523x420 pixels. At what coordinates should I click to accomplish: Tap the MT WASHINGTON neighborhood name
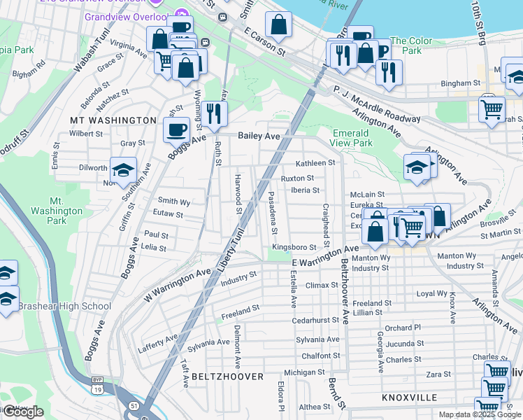tap(113, 120)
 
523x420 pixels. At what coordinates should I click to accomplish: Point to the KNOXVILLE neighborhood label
tap(410, 397)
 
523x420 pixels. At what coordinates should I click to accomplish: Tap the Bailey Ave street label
tap(259, 135)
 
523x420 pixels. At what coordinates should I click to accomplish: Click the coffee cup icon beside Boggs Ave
tap(176, 129)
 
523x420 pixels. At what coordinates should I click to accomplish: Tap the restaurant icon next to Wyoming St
tap(215, 113)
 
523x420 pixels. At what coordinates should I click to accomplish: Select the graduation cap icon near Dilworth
tap(123, 171)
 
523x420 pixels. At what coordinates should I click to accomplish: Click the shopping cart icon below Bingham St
tap(492, 109)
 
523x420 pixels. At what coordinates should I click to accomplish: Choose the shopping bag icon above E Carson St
tap(278, 24)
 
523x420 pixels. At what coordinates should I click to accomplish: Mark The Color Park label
tap(406, 45)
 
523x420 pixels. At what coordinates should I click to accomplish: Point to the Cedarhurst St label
tap(316, 320)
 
